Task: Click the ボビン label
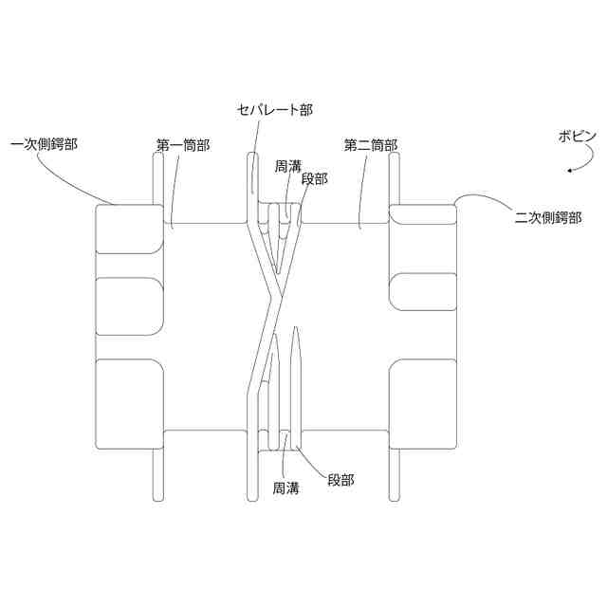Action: [x=578, y=137]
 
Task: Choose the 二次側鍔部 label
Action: [x=547, y=217]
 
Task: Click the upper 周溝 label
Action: [x=287, y=164]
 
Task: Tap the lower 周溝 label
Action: [x=286, y=488]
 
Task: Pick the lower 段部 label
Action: [x=340, y=481]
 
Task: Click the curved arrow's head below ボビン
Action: [x=569, y=171]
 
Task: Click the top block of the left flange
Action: [x=129, y=229]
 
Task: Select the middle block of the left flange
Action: [x=129, y=306]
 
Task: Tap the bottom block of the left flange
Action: [x=129, y=403]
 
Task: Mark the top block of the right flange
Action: [x=425, y=229]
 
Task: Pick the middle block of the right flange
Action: [x=425, y=291]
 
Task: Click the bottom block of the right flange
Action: [x=425, y=403]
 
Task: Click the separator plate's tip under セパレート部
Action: [x=253, y=155]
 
